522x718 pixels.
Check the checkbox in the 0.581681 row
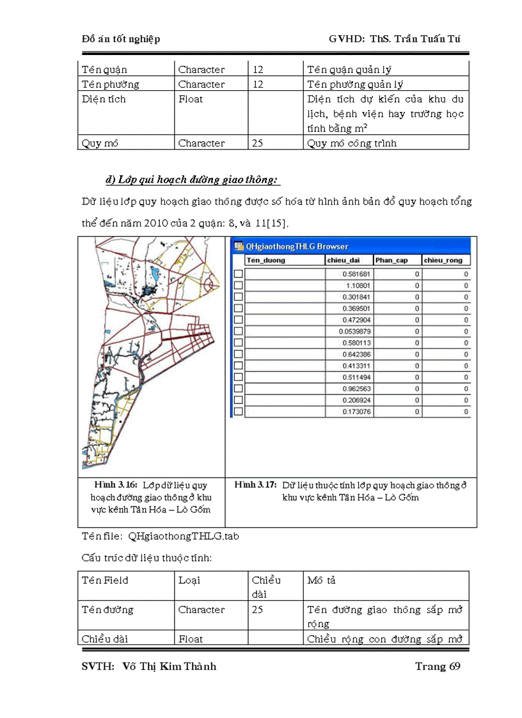[238, 274]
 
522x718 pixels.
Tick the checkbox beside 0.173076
[238, 412]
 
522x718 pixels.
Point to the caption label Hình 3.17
[255, 485]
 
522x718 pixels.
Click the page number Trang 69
[438, 666]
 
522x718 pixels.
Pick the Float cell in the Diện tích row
[190, 99]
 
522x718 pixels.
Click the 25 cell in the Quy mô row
[257, 143]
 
